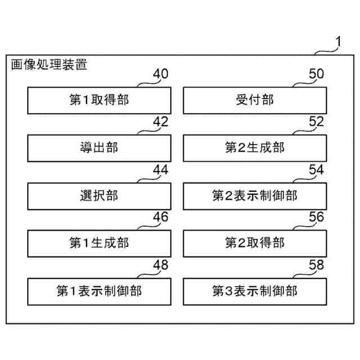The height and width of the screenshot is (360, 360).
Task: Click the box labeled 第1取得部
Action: pos(98,100)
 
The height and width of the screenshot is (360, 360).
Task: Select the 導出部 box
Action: pos(98,148)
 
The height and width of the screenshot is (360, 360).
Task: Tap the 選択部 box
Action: pos(98,196)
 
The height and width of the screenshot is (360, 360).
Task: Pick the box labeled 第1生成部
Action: pos(98,243)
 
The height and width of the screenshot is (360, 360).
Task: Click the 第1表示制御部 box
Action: pos(98,291)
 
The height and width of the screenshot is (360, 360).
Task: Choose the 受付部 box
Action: pos(254,100)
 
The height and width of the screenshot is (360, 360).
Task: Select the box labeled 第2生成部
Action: pos(254,148)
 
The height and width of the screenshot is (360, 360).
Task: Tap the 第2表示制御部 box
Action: pos(254,196)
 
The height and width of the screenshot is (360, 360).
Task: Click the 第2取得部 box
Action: pos(254,243)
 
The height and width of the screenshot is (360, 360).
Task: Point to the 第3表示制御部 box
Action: pos(254,291)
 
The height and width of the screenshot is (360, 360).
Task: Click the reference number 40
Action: pos(160,74)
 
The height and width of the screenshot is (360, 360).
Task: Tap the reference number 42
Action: pos(160,121)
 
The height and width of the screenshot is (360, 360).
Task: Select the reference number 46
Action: pos(160,217)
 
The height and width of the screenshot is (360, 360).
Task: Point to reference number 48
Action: pos(160,264)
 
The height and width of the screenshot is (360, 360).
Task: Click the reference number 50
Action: pos(317,74)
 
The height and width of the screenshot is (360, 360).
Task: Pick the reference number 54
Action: pos(317,169)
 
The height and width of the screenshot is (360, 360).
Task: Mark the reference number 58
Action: pos(317,264)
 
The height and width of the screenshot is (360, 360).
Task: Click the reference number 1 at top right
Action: pos(337,41)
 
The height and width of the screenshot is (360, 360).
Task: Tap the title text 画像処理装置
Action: pos(49,65)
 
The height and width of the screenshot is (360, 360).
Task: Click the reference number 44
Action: pos(160,169)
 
